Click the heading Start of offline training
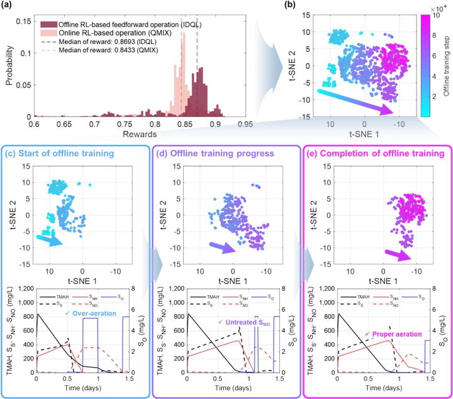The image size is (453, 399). pos(80,154)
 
